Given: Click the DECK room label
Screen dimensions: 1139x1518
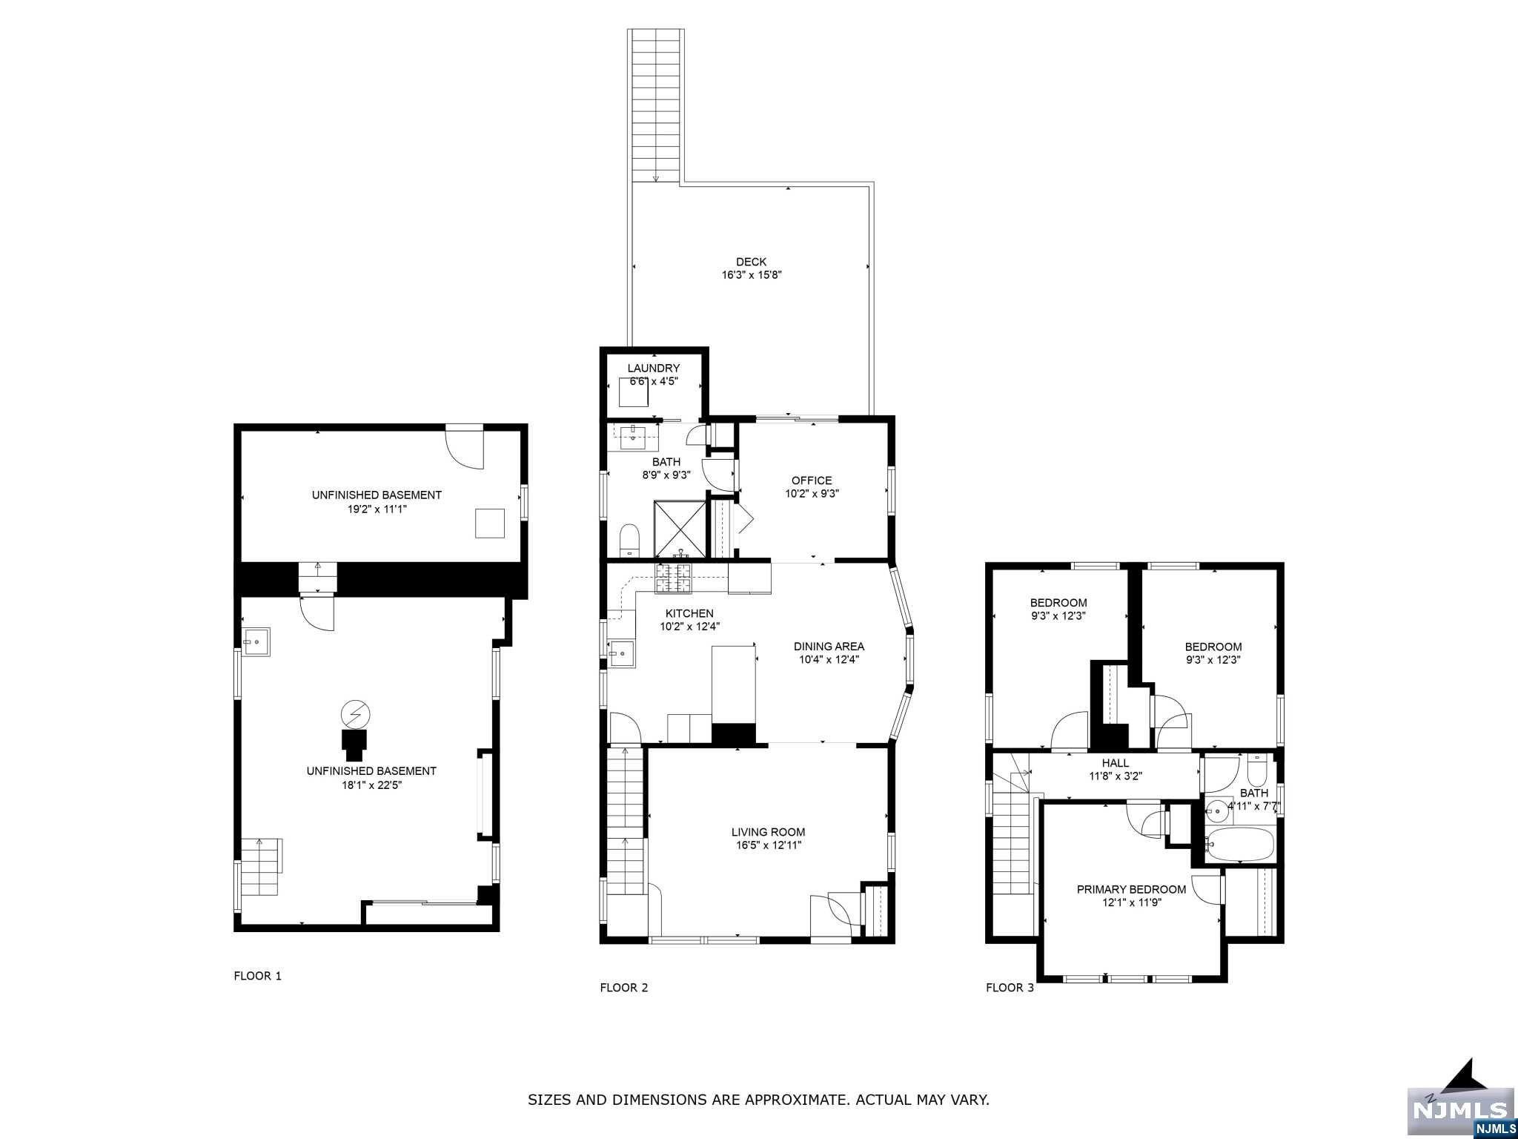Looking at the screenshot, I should pyautogui.click(x=751, y=262).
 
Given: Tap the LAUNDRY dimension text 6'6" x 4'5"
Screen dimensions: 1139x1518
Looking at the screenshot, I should pyautogui.click(x=653, y=381).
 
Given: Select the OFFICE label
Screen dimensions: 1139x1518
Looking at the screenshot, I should pyautogui.click(x=812, y=481).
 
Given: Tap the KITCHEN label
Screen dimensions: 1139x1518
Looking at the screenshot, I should pyautogui.click(x=689, y=613).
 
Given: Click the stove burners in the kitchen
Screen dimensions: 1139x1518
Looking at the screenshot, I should pyautogui.click(x=673, y=578).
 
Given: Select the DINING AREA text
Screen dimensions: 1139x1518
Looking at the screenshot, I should pyautogui.click(x=829, y=647).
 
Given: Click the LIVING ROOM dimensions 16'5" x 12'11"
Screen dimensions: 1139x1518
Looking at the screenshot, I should pyautogui.click(x=768, y=845).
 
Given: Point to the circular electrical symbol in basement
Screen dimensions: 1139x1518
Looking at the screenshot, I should pyautogui.click(x=356, y=714).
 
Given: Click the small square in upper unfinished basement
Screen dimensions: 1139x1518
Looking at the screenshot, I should pyautogui.click(x=490, y=523).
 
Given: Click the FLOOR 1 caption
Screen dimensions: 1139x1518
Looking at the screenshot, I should pyautogui.click(x=257, y=976).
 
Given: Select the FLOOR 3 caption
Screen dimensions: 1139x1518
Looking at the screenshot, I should pyautogui.click(x=1010, y=988).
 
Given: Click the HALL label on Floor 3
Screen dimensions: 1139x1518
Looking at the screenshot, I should pyautogui.click(x=1115, y=763).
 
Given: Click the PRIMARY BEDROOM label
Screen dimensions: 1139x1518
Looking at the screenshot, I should pyautogui.click(x=1131, y=889).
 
